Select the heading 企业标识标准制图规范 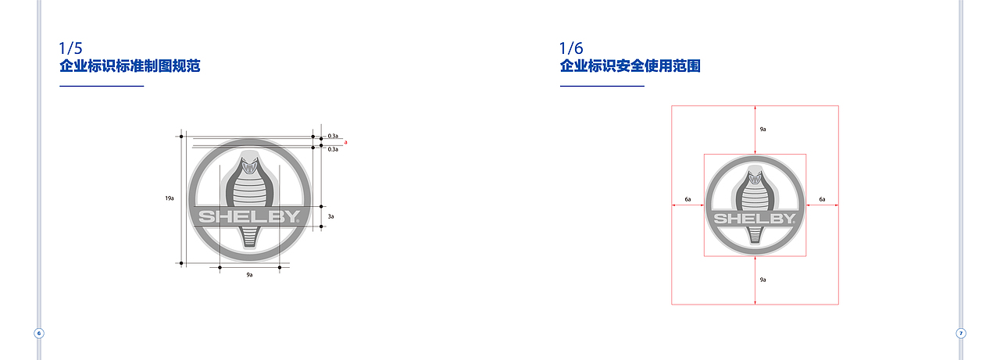point(130,66)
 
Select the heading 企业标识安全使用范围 point(630,66)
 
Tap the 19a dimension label point(170,199)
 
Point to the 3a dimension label point(330,216)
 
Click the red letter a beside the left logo point(345,142)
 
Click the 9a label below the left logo point(249,276)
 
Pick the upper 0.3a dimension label point(333,136)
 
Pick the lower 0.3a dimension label point(333,148)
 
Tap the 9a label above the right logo point(762,128)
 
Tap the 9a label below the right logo point(762,279)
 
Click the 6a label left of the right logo point(687,200)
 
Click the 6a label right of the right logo point(822,200)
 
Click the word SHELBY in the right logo point(755,219)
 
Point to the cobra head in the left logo point(250,166)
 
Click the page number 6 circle point(39,333)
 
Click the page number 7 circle point(962,333)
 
